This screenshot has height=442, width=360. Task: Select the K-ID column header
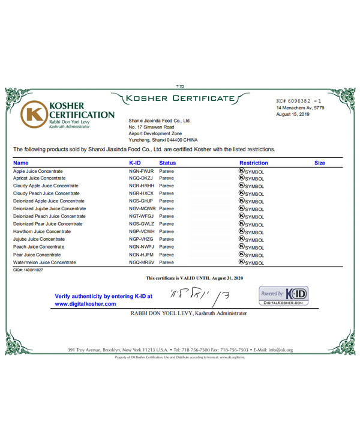coord(136,163)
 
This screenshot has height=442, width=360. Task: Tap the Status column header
coord(167,163)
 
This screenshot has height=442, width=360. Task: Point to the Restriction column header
coord(253,163)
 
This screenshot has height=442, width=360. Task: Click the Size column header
coord(320,163)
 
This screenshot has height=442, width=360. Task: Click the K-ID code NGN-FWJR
coord(142,171)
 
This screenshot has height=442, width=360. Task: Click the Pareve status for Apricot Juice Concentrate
coord(166,178)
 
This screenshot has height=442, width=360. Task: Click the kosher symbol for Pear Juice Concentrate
coord(242,255)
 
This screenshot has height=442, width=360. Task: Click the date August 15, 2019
coord(293,114)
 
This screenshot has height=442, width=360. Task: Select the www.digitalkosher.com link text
coord(85,304)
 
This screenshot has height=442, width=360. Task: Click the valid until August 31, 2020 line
coord(194,278)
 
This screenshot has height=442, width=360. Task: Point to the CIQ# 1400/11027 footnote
coord(28,270)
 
